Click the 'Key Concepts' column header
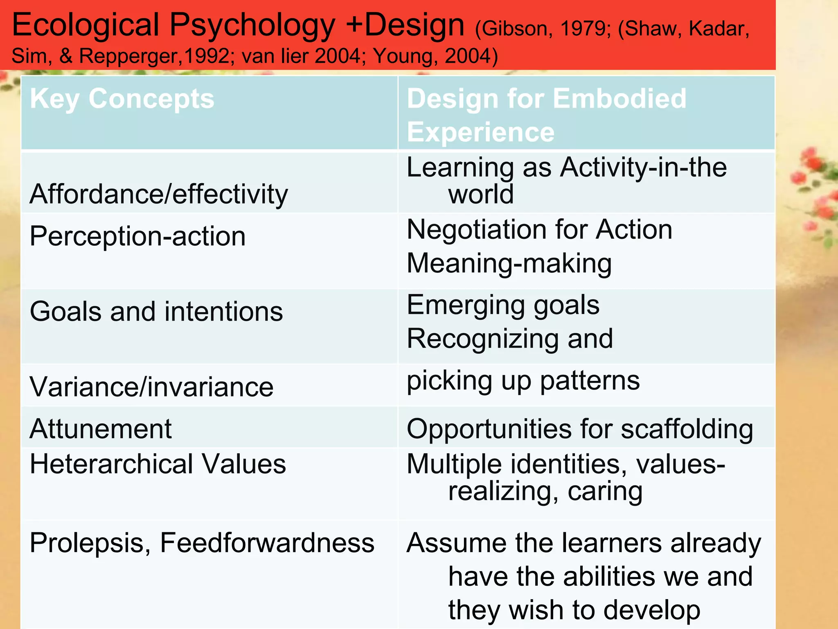(x=122, y=99)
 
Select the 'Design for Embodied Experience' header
(x=546, y=115)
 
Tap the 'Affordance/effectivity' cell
(x=159, y=194)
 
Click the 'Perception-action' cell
(x=137, y=237)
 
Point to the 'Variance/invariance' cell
(x=151, y=387)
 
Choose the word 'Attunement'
(x=101, y=429)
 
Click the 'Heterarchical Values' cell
(x=158, y=464)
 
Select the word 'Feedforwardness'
(x=267, y=543)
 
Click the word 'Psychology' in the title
(x=252, y=25)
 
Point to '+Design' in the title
(x=405, y=25)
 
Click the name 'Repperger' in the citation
(x=129, y=56)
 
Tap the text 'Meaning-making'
(x=509, y=263)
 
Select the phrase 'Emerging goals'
(x=503, y=305)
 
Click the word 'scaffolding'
(x=687, y=429)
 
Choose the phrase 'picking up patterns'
(x=523, y=381)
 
